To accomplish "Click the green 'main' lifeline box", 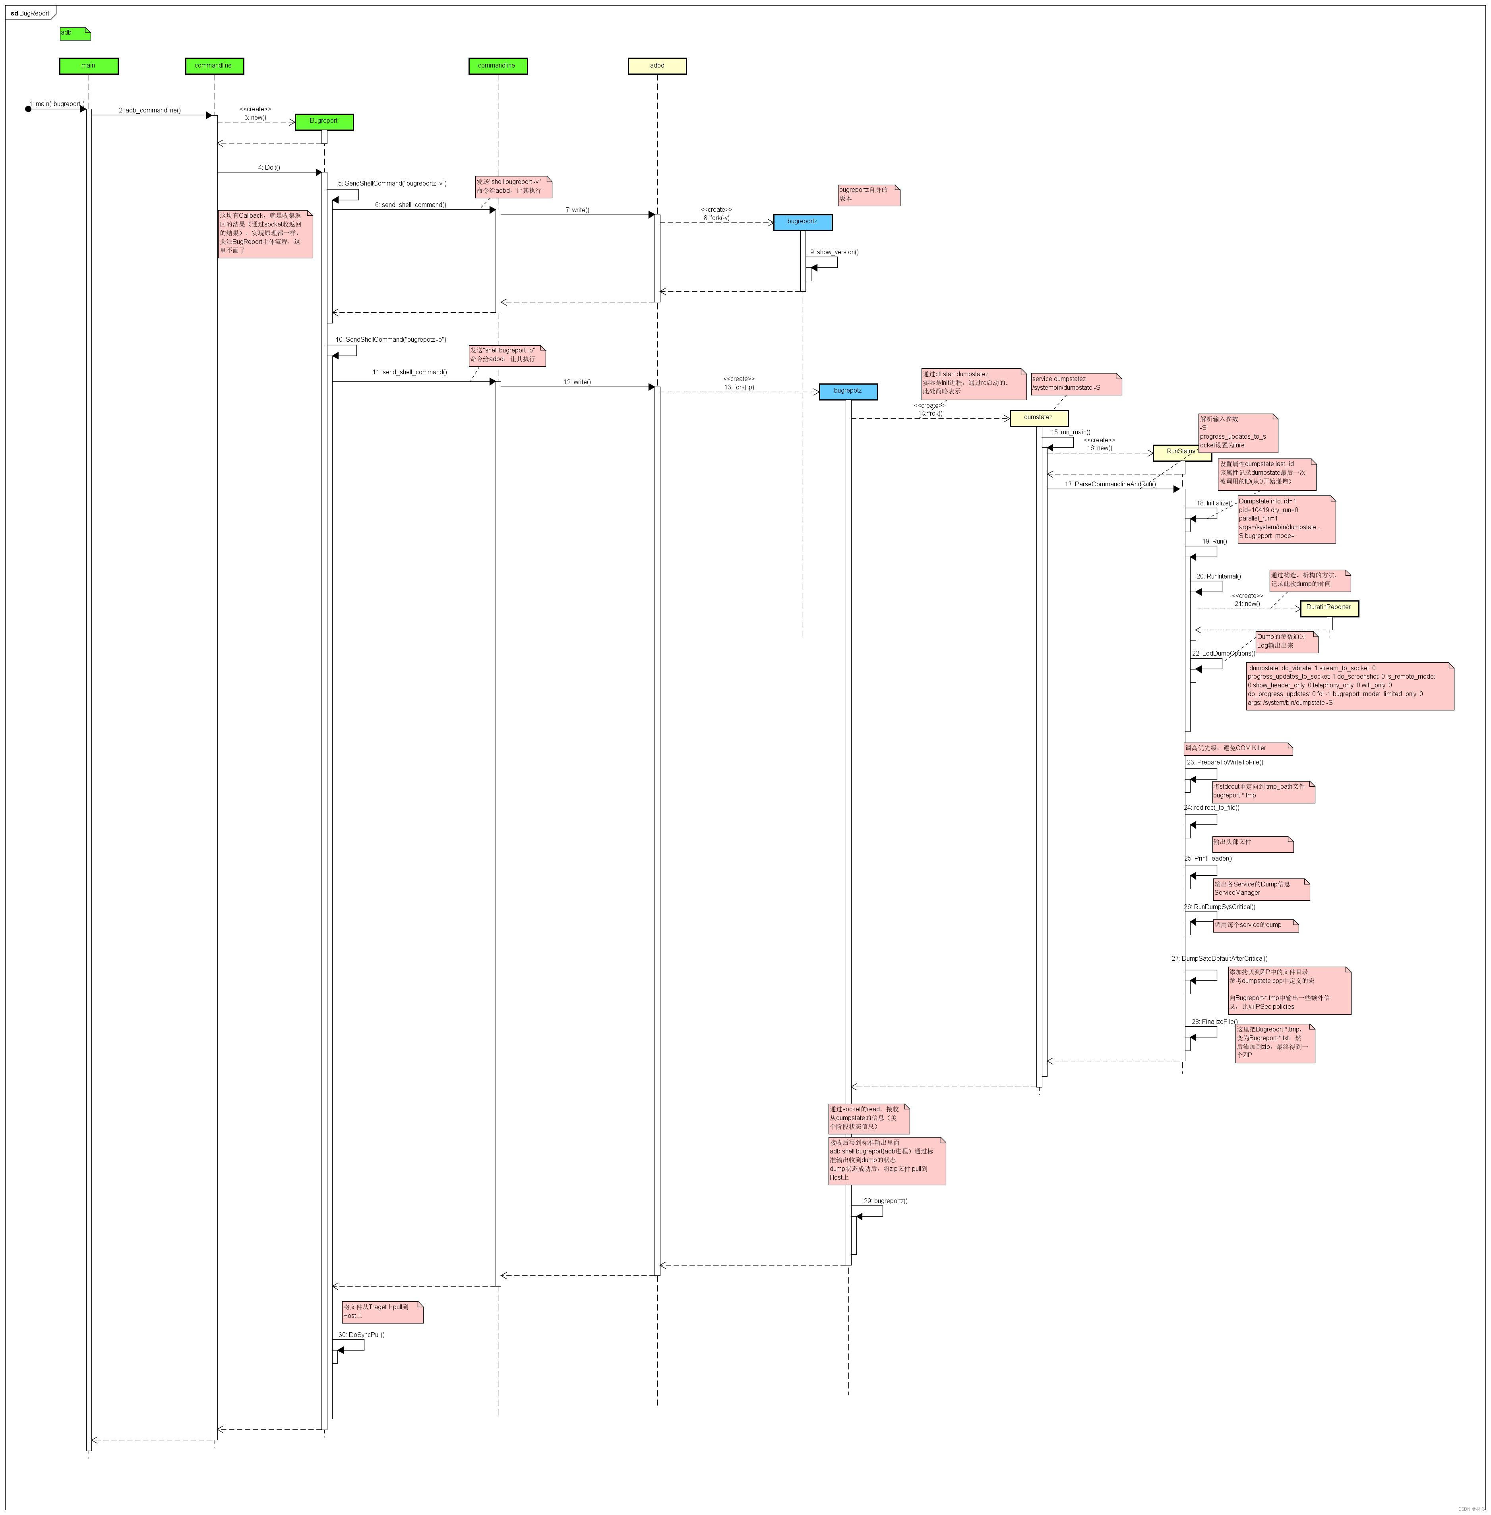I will click(89, 66).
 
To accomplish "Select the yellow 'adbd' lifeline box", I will click(657, 66).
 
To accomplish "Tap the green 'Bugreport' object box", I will click(323, 121).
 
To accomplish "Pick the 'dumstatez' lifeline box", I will click(1038, 417).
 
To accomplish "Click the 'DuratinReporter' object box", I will click(1329, 608).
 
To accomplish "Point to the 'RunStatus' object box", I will click(1181, 452).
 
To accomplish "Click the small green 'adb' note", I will click(74, 33).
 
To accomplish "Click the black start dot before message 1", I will click(28, 109).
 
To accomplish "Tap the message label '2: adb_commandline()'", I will click(149, 110).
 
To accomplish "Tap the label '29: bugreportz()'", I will click(886, 1201).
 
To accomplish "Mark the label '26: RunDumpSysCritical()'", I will click(1220, 907).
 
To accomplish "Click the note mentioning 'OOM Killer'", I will click(1237, 749).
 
